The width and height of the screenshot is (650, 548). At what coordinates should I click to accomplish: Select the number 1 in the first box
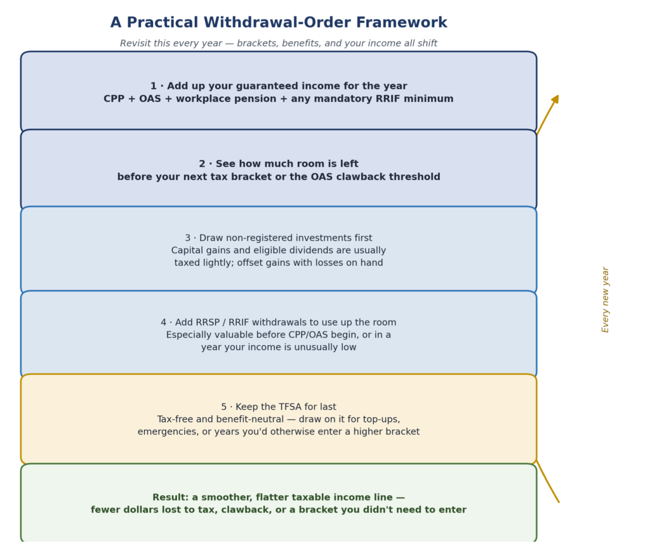tap(154, 86)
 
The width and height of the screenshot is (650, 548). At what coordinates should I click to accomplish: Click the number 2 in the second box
tap(202, 164)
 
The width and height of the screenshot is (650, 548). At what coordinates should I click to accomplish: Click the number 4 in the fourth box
tap(164, 323)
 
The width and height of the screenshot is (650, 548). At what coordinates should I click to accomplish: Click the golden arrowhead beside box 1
tap(555, 100)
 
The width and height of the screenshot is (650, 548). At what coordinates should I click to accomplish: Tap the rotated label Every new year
tap(606, 299)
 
